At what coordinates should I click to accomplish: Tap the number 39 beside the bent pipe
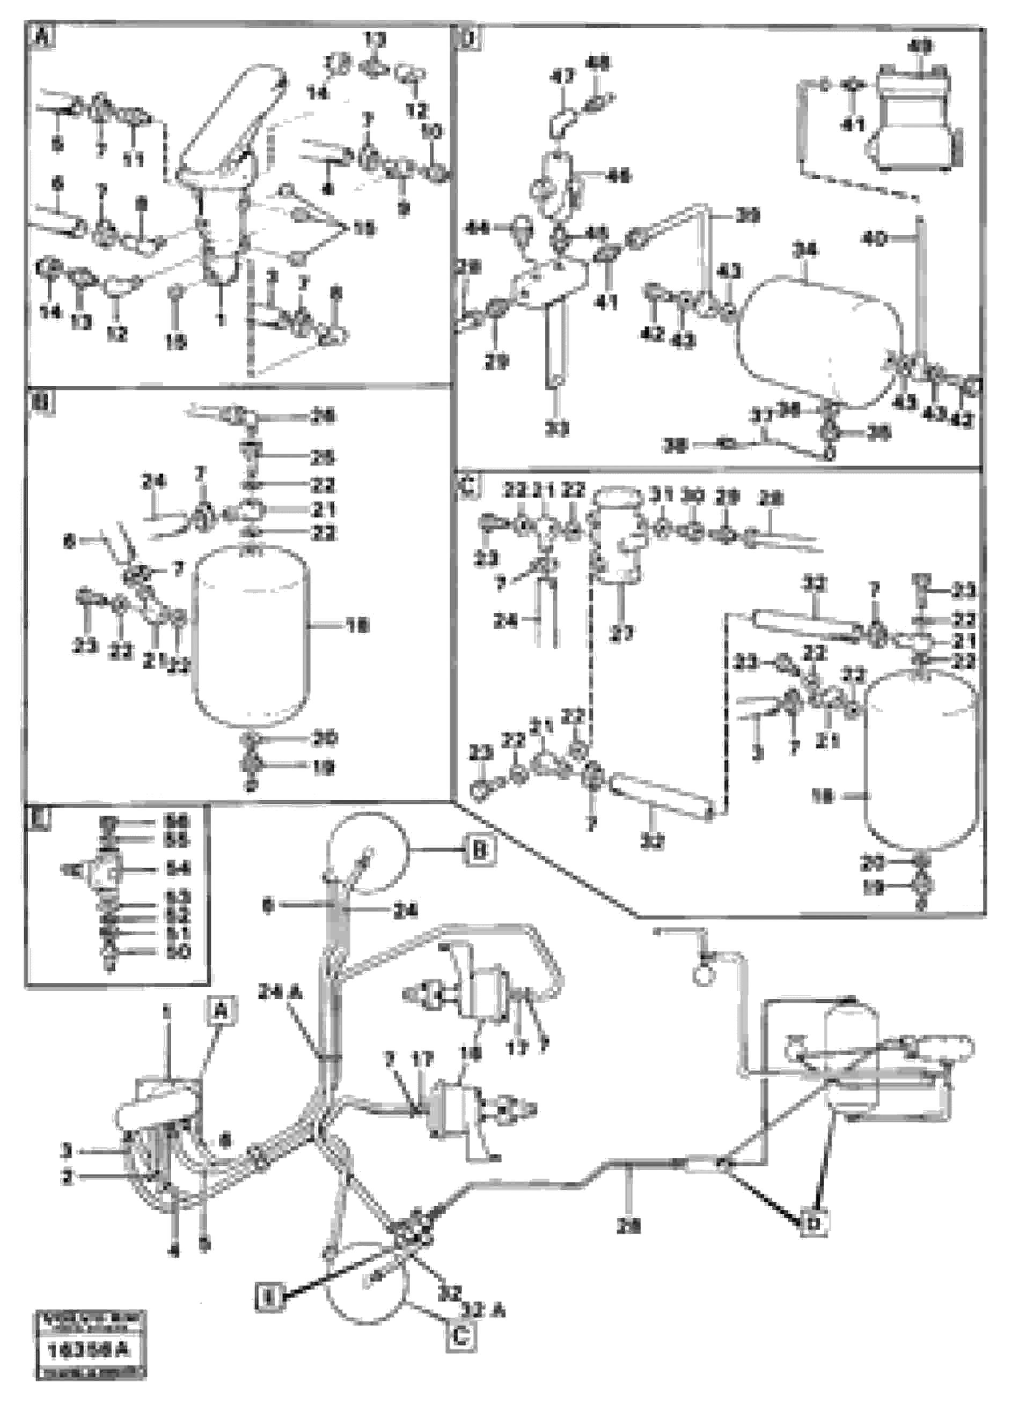tap(747, 216)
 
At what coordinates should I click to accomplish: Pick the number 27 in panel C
tap(622, 634)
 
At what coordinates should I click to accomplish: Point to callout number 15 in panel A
tap(363, 228)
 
